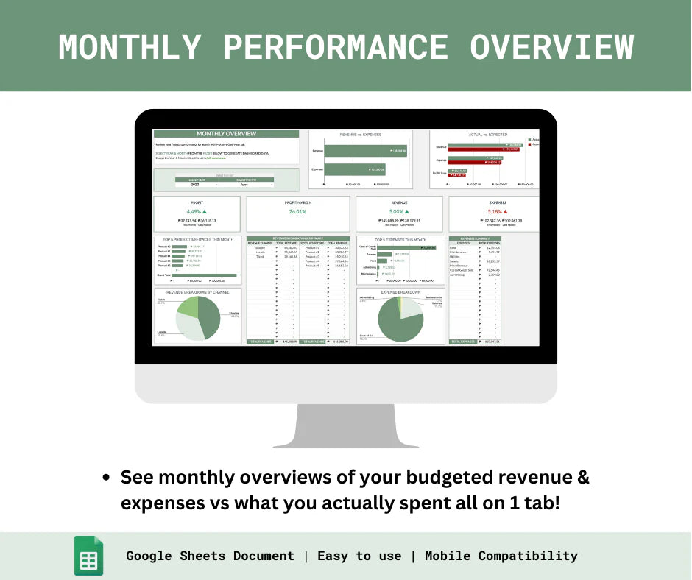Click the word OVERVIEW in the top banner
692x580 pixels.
point(552,46)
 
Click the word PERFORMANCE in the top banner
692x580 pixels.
point(335,46)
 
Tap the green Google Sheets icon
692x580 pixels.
point(88,556)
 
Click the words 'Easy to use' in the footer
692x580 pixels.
point(359,556)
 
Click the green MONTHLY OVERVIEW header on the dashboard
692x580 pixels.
point(226,134)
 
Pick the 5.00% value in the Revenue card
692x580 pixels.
point(398,211)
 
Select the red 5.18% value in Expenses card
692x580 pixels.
point(491,211)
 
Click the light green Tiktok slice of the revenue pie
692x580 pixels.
point(187,306)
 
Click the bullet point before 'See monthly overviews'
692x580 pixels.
point(106,478)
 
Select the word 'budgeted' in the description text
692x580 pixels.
point(417,477)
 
